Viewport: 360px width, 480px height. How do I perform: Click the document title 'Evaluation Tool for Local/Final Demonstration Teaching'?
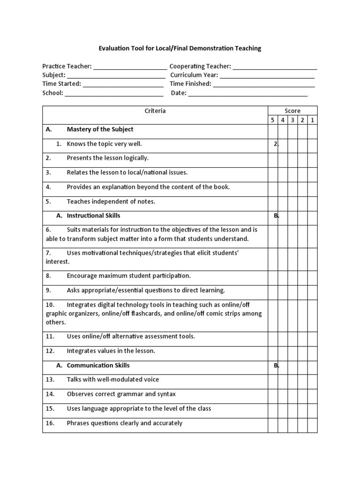pos(180,48)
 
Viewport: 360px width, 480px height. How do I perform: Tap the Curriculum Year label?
pos(194,75)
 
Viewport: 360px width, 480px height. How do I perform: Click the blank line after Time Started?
pos(123,84)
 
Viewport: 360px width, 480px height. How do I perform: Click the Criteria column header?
pos(155,111)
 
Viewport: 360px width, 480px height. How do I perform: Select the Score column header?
pos(292,111)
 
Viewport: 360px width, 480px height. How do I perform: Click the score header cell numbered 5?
pos(273,120)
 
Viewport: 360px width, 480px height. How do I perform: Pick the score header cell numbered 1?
pos(312,120)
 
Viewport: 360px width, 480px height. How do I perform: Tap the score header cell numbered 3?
pos(292,120)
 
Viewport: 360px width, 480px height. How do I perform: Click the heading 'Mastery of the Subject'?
pos(100,129)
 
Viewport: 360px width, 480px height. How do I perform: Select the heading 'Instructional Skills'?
pos(93,216)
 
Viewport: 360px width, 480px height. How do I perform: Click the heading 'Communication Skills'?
pos(98,365)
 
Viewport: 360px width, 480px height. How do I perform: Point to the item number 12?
pos(50,351)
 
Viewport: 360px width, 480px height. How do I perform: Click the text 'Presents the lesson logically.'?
pos(107,158)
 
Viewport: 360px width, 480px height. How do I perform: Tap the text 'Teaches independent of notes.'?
pos(111,202)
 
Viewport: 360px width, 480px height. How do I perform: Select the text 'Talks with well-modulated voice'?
pos(113,380)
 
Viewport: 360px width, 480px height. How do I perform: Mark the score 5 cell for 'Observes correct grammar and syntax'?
pos(273,394)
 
